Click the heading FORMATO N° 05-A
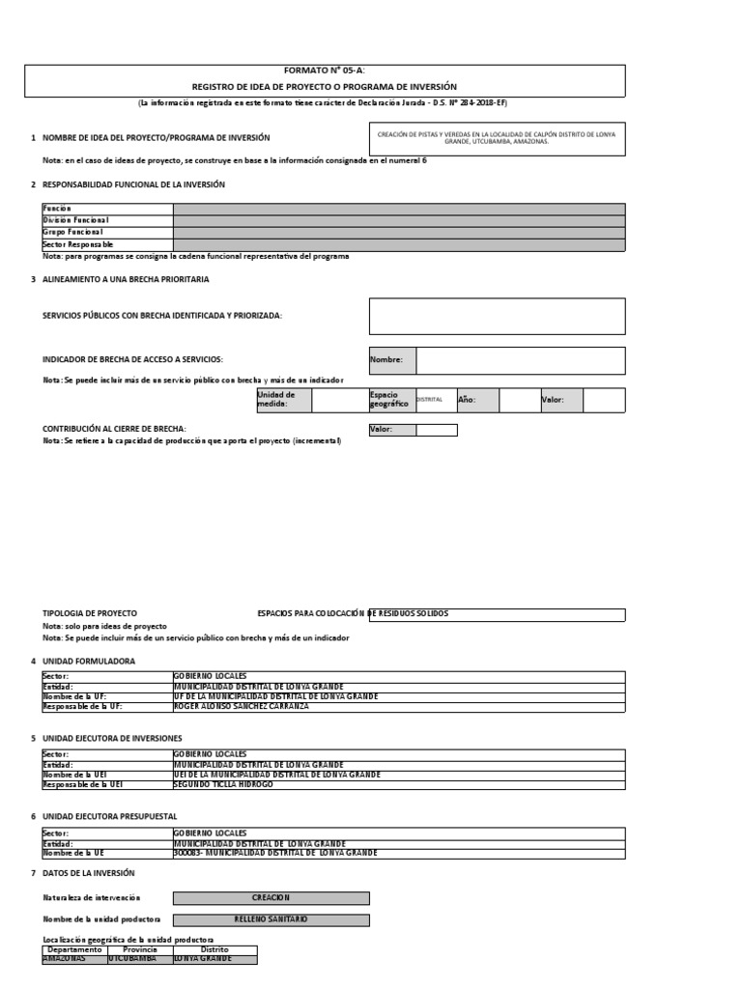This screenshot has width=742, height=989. tap(324, 71)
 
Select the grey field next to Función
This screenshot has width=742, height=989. tap(398, 209)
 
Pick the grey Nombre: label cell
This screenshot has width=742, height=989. tap(392, 360)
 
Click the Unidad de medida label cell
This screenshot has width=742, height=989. tap(283, 400)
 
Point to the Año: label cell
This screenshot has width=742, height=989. tap(476, 400)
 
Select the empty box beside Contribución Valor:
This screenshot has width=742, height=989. tap(437, 430)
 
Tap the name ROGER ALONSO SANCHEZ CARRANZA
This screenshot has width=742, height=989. tap(242, 707)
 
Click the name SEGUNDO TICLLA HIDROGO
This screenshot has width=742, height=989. tap(223, 784)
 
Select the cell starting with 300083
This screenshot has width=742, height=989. tap(275, 854)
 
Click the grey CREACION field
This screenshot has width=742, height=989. tap(271, 898)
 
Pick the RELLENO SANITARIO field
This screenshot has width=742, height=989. tap(271, 919)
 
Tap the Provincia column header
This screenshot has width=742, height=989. tap(140, 949)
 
